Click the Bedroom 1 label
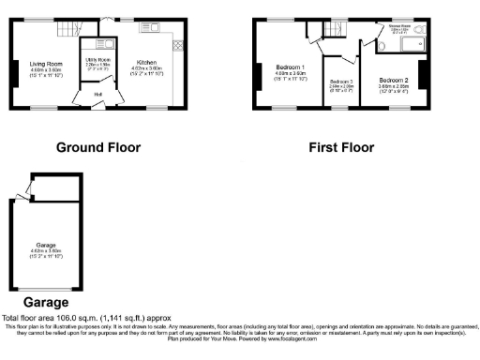(289, 67)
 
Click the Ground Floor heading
(98, 147)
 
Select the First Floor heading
(341, 147)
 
